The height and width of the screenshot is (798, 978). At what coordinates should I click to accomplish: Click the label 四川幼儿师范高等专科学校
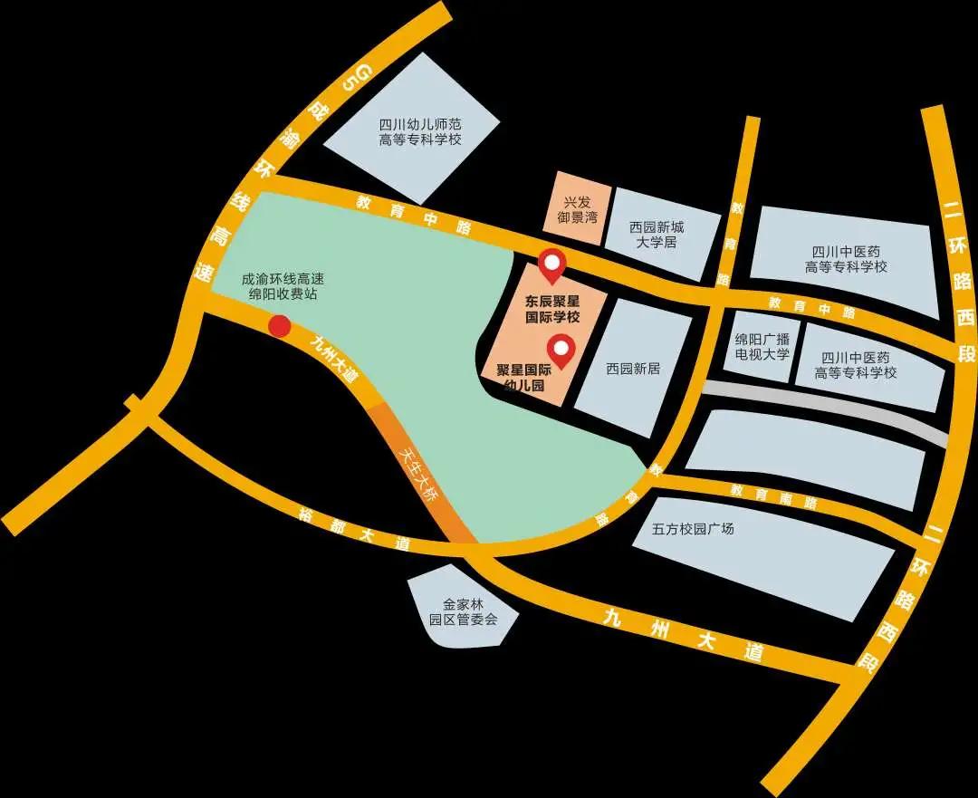[420, 132]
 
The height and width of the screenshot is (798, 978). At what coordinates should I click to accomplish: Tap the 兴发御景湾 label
[576, 210]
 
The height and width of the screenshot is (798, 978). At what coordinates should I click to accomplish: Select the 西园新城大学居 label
[657, 236]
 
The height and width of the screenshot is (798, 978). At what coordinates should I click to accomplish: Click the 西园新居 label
[633, 369]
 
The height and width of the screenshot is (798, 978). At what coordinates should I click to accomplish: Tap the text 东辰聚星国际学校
[552, 309]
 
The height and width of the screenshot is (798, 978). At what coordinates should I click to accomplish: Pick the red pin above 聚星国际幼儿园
[562, 350]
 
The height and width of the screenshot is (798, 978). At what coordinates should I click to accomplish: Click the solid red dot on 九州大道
[281, 326]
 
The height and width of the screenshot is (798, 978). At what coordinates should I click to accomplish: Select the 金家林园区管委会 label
[464, 612]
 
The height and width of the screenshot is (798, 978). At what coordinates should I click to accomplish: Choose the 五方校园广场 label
[693, 528]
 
